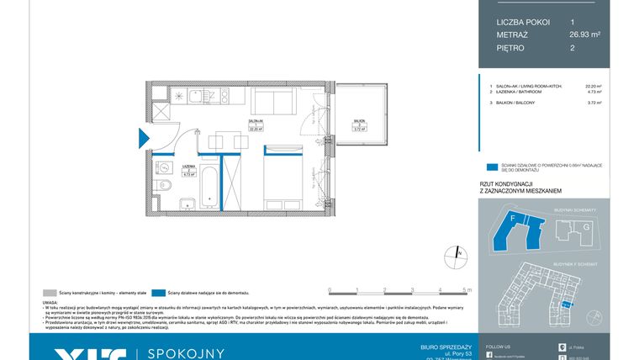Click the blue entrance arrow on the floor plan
pyautogui.click(x=142, y=135)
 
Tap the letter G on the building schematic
pyautogui.click(x=586, y=227)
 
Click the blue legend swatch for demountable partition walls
pyautogui.click(x=159, y=292)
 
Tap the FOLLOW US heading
pyautogui.click(x=498, y=346)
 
